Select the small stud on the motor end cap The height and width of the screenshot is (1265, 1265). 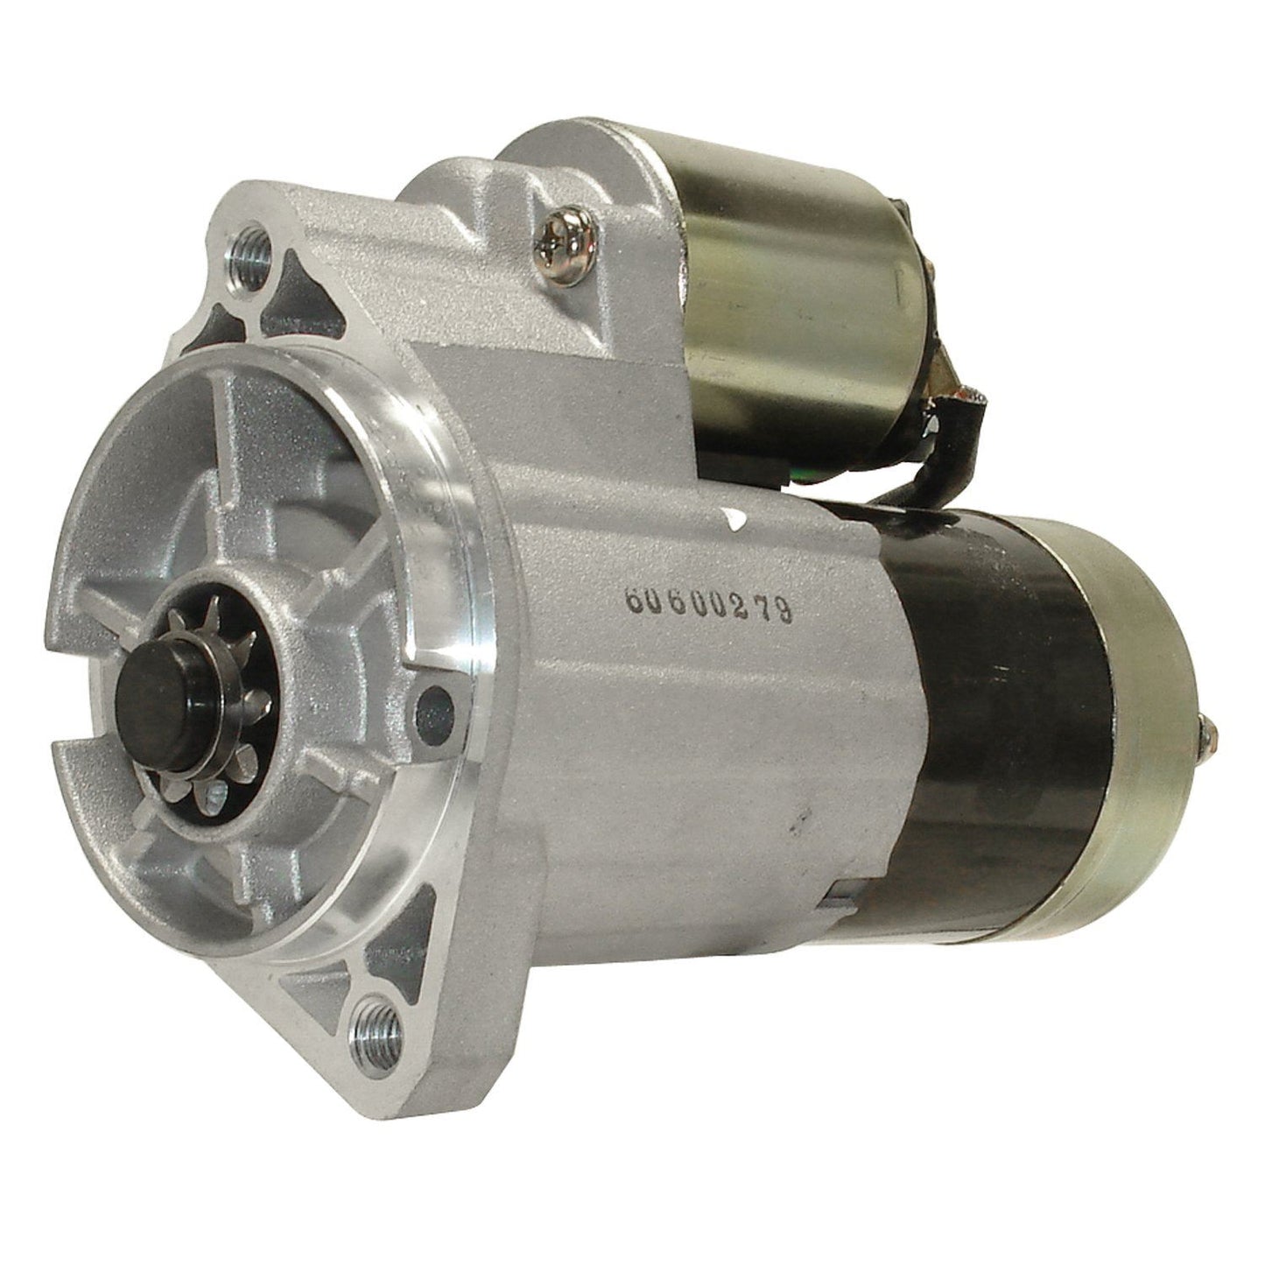click(x=1208, y=705)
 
